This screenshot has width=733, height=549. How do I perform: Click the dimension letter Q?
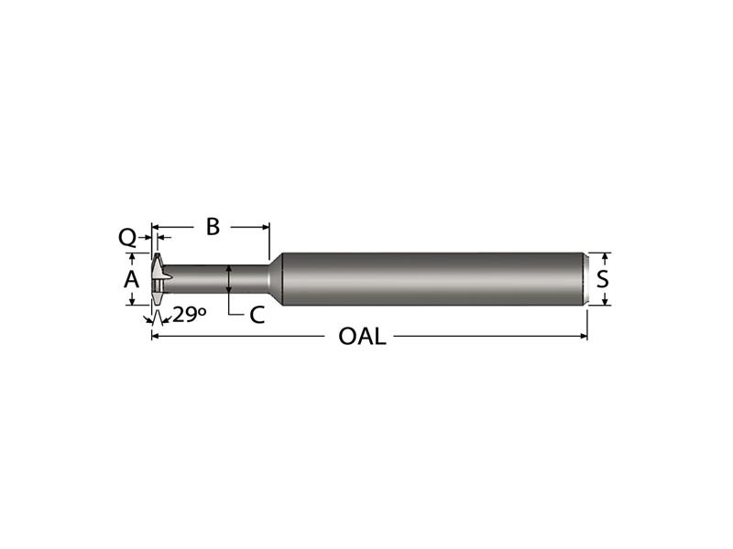(127, 238)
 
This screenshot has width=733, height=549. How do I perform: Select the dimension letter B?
(213, 227)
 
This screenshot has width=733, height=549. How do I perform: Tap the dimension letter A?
(131, 279)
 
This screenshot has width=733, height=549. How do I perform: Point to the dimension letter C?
(257, 315)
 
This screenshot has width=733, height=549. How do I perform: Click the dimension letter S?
(603, 279)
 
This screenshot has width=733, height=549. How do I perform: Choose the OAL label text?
(362, 336)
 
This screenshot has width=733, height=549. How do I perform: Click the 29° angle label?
(190, 315)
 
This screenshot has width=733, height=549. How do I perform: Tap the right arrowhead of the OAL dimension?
(584, 336)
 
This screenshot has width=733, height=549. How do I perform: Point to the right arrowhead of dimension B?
(266, 227)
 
